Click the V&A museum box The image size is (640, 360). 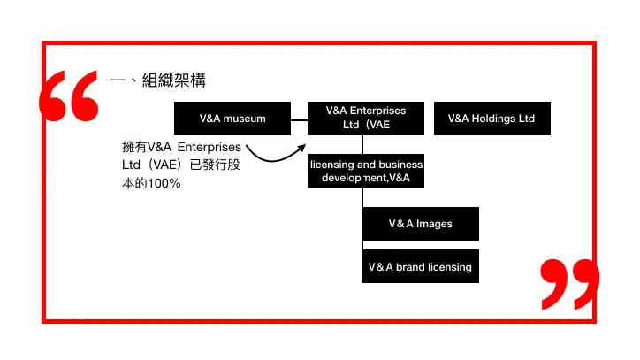click(232, 119)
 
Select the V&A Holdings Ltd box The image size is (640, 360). click(491, 119)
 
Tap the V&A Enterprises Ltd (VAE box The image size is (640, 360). click(366, 118)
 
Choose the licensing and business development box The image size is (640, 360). click(366, 172)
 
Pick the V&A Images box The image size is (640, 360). click(420, 224)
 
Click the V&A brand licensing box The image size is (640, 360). click(420, 266)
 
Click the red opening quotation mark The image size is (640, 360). click(69, 96)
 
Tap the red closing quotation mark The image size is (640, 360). click(569, 283)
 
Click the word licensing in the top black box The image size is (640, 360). click(331, 165)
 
